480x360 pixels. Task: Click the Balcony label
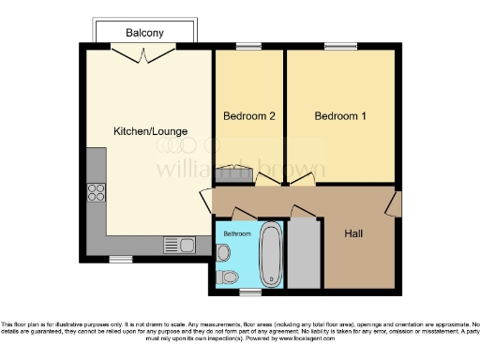(144, 33)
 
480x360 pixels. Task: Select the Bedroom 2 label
(248, 116)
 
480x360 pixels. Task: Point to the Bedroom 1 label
(340, 116)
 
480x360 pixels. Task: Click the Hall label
(353, 232)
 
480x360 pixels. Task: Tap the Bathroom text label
(236, 232)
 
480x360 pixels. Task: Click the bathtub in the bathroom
(271, 253)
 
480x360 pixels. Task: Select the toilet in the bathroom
(226, 277)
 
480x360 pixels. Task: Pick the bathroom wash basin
(223, 252)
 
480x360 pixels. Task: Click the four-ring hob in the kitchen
(96, 193)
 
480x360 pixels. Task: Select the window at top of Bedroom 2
(248, 46)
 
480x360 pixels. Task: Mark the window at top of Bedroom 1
(339, 46)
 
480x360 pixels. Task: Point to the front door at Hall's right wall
(397, 204)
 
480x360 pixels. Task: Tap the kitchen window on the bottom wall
(120, 259)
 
